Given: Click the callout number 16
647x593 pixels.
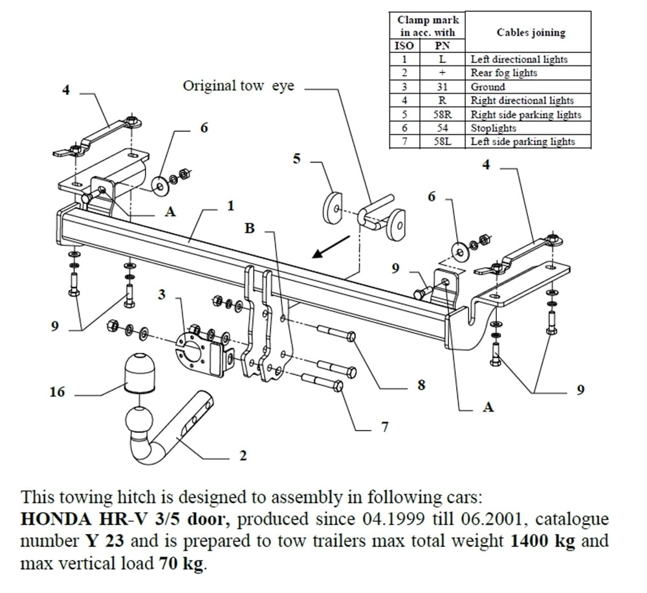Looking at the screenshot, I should (x=58, y=392).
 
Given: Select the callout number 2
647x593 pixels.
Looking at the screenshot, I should (x=243, y=456).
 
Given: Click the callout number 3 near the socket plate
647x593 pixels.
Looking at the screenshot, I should (x=162, y=294).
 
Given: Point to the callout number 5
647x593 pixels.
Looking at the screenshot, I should (x=297, y=158).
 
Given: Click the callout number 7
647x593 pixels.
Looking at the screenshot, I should (x=384, y=427).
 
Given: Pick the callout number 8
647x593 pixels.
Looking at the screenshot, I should (x=421, y=385).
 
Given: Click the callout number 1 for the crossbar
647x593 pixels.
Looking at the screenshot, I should (x=230, y=206).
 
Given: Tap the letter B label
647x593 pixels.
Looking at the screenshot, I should (x=250, y=229).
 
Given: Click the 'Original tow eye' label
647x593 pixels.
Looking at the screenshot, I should (x=238, y=86).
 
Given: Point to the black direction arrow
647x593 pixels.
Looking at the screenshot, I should (x=330, y=247).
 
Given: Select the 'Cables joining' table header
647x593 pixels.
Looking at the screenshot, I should (x=531, y=32).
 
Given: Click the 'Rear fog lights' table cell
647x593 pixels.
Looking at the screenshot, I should (x=504, y=73).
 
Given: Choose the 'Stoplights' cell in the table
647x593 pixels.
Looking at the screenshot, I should (x=494, y=128).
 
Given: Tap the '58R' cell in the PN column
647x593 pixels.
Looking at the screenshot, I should (x=443, y=115).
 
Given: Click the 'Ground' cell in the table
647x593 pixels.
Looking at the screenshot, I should (x=488, y=87).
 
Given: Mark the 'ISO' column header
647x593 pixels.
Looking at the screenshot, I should (x=404, y=46).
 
